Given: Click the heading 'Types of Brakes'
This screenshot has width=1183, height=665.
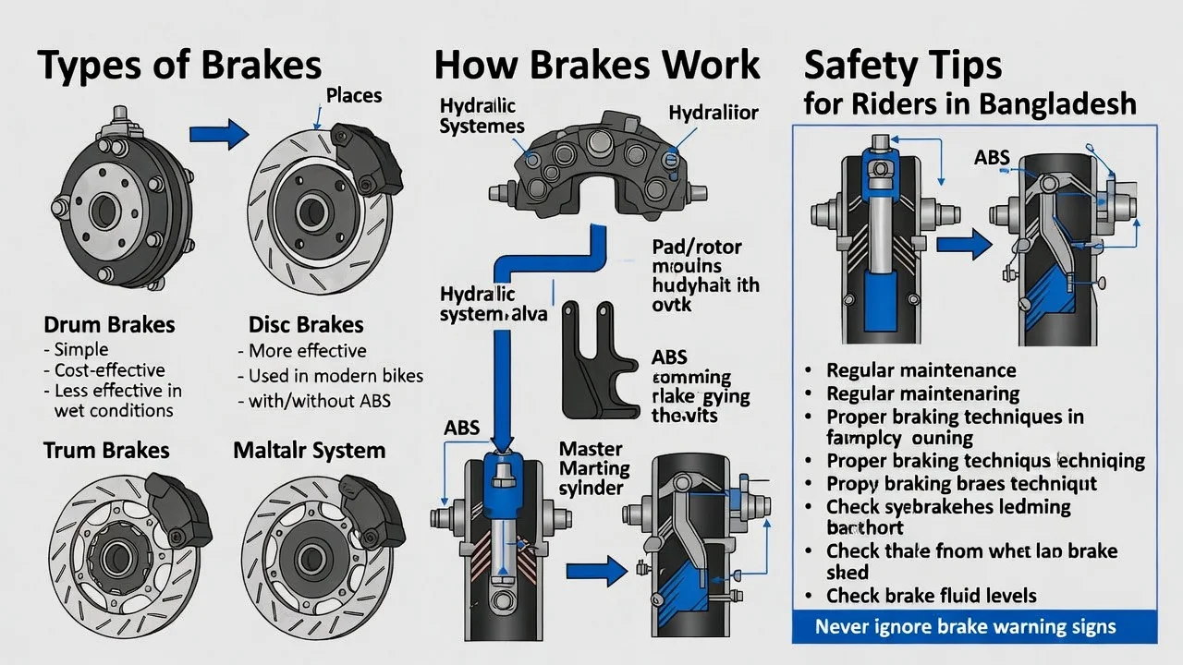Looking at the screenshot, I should coord(181,65).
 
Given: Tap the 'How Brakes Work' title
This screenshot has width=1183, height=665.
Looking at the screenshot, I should coord(597,65).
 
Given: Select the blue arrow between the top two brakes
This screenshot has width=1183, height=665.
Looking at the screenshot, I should coord(219,135).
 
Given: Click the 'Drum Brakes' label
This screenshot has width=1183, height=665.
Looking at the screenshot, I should coord(109,325).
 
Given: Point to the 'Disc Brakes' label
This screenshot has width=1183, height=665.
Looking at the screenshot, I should coord(306,325).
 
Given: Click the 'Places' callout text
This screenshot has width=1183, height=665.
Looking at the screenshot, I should coord(353,95).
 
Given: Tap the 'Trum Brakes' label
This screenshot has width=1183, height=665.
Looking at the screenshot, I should coord(106,450).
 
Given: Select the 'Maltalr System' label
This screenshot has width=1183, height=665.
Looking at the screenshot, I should coord(309,450).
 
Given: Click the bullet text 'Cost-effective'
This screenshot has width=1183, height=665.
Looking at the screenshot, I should coord(109,370).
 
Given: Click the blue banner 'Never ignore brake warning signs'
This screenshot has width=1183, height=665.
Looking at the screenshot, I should coord(965,627).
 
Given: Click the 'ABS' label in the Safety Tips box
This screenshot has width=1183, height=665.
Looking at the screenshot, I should coord(992,158).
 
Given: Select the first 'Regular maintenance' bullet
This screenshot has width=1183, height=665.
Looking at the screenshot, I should coord(921,370).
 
